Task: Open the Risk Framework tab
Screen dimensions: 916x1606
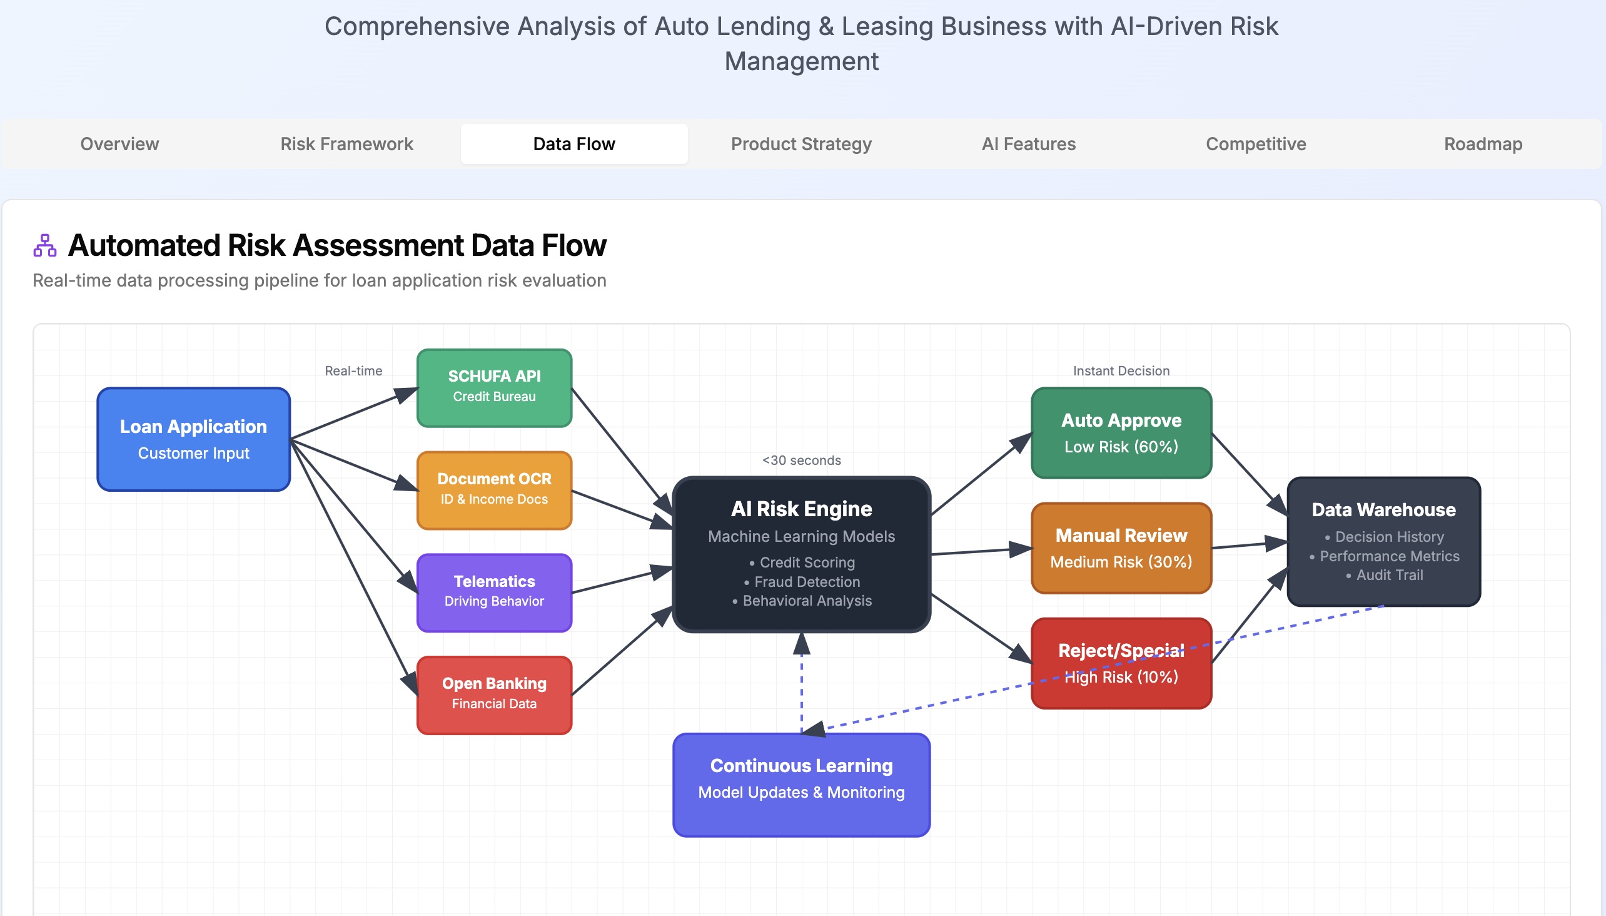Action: (346, 144)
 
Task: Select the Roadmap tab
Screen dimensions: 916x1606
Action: (1483, 144)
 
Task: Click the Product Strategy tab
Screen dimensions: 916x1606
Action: (801, 144)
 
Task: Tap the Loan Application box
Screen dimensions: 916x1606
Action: (194, 439)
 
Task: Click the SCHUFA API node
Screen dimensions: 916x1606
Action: (494, 387)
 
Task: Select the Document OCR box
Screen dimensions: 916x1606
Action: (494, 490)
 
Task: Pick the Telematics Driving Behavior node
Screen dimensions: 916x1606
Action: (494, 592)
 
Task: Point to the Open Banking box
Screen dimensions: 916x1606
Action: (494, 695)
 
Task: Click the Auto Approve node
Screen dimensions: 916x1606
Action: (1121, 433)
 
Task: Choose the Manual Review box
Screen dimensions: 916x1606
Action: (1121, 548)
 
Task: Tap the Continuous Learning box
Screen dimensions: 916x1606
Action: (801, 785)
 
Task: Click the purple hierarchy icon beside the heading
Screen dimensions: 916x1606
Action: (44, 245)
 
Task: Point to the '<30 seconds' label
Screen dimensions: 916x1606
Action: (801, 461)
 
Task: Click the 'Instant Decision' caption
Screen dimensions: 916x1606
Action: (1121, 371)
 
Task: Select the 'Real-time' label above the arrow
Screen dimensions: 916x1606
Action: (353, 371)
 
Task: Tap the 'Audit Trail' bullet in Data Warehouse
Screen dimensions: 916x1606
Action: (1389, 575)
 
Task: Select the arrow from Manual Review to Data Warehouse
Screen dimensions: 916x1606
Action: (1248, 545)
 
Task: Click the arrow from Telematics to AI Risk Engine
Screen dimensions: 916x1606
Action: (621, 580)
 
